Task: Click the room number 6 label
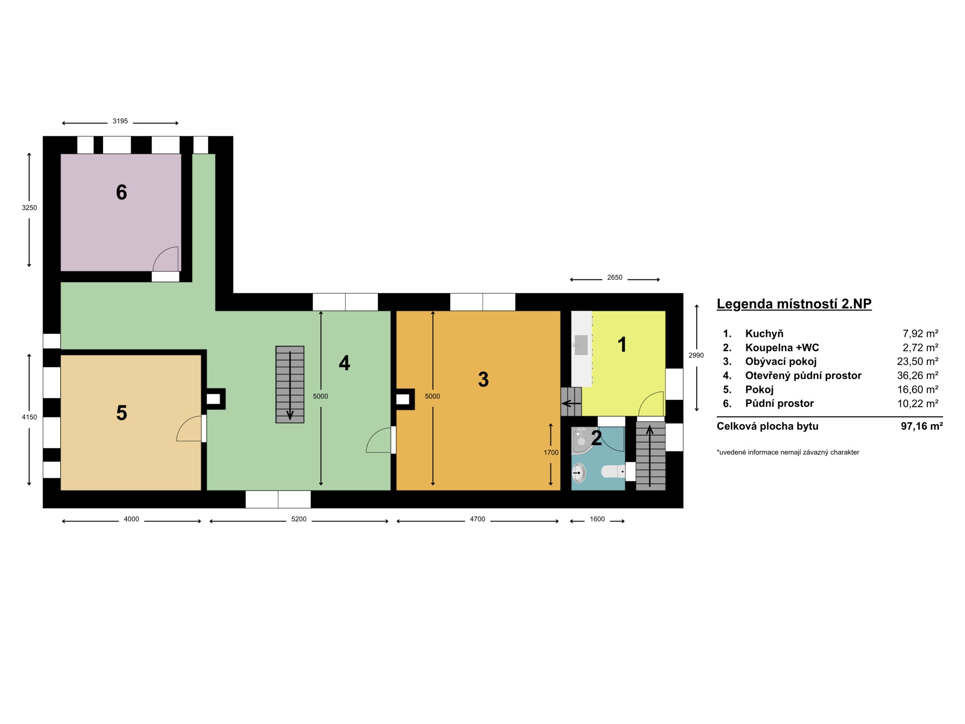[122, 192]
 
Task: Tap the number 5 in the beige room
[122, 413]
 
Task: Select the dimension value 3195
[120, 121]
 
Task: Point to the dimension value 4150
[29, 417]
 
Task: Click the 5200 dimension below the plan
[299, 519]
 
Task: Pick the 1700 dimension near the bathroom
[551, 452]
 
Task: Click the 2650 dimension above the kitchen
[615, 278]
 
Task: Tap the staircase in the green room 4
[290, 385]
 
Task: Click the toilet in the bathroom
[613, 472]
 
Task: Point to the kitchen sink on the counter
[581, 345]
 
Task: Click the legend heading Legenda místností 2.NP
[794, 304]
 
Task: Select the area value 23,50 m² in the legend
[918, 361]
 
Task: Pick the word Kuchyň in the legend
[764, 333]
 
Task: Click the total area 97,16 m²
[922, 426]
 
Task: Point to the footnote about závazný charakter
[788, 452]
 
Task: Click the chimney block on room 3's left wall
[405, 400]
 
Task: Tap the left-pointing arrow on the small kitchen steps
[571, 403]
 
